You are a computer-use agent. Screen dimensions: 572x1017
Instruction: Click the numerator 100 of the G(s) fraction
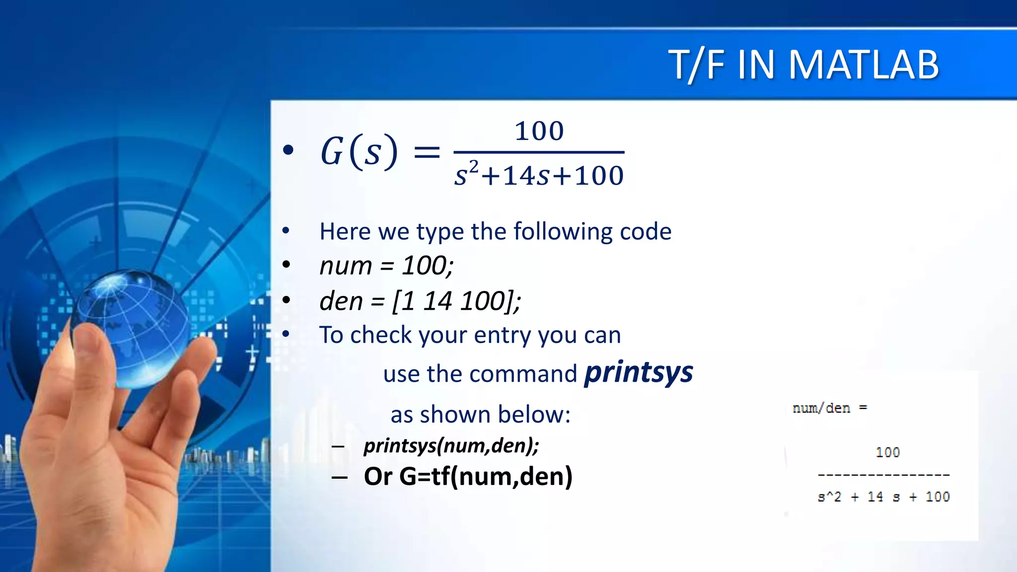coord(539,131)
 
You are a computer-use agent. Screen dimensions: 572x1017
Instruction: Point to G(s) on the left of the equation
coord(359,151)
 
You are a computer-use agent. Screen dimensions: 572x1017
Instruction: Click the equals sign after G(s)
coord(427,152)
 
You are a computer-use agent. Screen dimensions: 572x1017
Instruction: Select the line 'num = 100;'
coord(386,266)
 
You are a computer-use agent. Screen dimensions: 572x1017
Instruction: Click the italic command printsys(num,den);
coord(451,445)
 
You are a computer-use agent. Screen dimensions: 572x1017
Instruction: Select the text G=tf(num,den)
coord(486,476)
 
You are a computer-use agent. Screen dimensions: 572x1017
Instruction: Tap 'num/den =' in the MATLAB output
coord(829,408)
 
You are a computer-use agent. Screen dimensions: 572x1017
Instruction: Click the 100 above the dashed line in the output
coord(887,452)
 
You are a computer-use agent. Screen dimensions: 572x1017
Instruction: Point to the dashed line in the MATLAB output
coord(883,475)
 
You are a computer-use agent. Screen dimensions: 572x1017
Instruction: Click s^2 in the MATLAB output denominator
coord(829,497)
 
